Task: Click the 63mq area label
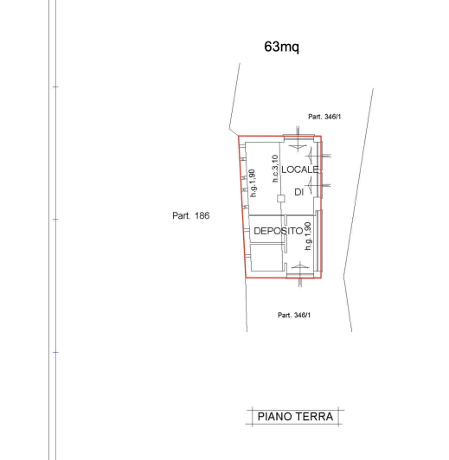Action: tap(282, 47)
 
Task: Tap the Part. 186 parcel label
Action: tap(191, 215)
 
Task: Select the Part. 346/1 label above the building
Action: tap(324, 117)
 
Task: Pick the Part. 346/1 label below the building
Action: tap(294, 315)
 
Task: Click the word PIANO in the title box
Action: tap(275, 417)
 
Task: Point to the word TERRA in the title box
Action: tap(314, 417)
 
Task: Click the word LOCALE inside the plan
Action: tap(300, 169)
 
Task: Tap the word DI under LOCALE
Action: tap(298, 192)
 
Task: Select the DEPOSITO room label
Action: tap(279, 231)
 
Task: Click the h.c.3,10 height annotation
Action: tap(275, 169)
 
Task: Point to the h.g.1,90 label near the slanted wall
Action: tap(253, 183)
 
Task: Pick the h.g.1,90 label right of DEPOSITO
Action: tap(308, 236)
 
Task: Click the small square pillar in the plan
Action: tap(281, 199)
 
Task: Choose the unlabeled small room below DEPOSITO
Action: tap(266, 258)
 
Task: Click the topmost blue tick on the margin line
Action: tap(55, 86)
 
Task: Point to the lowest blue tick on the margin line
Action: tap(55, 352)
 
